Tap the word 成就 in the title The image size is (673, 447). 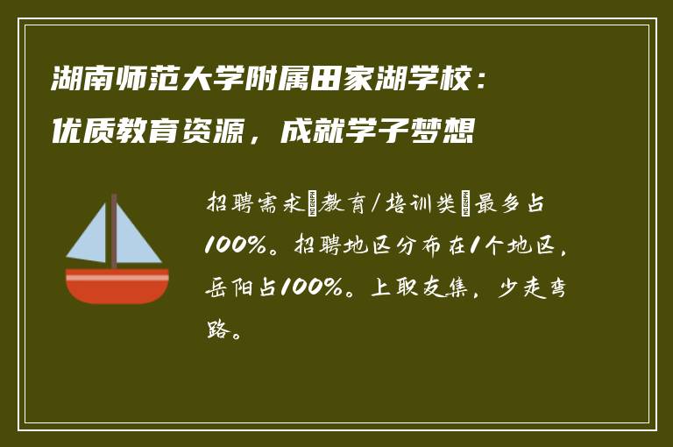point(309,134)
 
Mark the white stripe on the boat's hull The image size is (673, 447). point(117,276)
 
